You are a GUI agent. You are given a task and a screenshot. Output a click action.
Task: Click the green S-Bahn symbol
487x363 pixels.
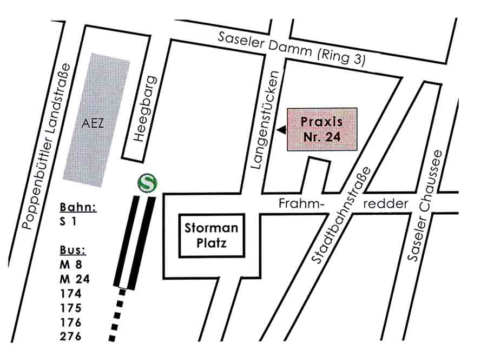click(x=147, y=182)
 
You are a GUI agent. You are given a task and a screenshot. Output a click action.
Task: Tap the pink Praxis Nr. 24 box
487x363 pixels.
click(x=321, y=129)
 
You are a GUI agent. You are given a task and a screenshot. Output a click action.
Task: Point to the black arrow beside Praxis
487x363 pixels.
click(x=281, y=130)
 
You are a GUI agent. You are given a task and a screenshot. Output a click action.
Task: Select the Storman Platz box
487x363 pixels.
click(x=211, y=236)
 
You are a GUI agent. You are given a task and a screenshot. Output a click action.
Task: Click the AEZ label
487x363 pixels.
click(x=93, y=123)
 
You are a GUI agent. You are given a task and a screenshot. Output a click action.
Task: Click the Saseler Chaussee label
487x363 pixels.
click(x=426, y=206)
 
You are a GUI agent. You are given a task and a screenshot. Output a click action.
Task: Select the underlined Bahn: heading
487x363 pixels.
click(x=77, y=207)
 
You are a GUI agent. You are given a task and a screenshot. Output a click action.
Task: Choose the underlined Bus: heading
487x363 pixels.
click(x=73, y=250)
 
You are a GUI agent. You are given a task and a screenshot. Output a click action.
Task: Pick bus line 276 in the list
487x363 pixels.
click(x=71, y=336)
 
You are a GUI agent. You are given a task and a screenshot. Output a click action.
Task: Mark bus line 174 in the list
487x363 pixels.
click(x=71, y=294)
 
